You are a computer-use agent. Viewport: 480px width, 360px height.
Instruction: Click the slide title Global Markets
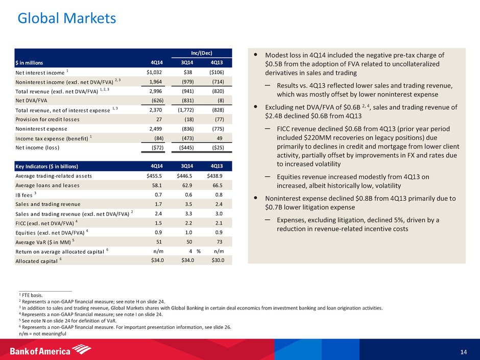[x=67, y=19]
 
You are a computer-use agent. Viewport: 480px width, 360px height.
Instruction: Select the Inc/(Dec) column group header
[x=200, y=53]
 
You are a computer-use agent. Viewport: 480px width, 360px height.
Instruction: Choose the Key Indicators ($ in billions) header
[x=49, y=166]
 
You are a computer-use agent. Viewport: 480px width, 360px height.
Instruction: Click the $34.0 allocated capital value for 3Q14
[x=190, y=260]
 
